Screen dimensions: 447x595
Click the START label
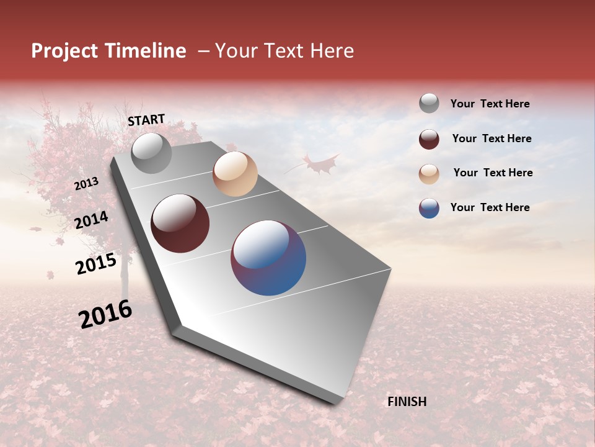point(146,120)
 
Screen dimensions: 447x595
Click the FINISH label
point(407,402)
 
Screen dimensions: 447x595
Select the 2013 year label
point(86,184)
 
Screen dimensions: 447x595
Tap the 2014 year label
point(92,220)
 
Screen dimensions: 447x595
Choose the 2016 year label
point(105,314)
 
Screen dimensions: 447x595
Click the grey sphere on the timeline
point(151,153)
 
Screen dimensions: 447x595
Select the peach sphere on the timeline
point(235,174)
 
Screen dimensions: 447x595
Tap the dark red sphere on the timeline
point(180,223)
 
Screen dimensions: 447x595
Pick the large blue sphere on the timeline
point(268,258)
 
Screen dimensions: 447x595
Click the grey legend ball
point(429,103)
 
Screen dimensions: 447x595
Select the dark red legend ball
point(429,139)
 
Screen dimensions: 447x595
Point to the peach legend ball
point(429,174)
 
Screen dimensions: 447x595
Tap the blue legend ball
point(429,208)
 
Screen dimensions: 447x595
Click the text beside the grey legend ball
point(490,104)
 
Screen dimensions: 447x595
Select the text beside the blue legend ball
point(490,207)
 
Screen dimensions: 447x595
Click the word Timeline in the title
point(145,51)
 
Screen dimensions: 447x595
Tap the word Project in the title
point(65,51)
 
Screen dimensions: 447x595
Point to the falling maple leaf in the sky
point(319,165)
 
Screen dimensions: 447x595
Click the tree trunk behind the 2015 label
point(125,279)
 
